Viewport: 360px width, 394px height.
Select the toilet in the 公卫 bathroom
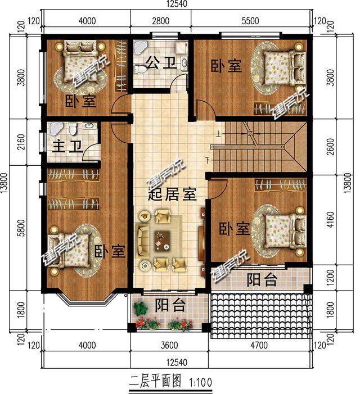pos(142,69)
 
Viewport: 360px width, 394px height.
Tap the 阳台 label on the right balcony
pos(262,279)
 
